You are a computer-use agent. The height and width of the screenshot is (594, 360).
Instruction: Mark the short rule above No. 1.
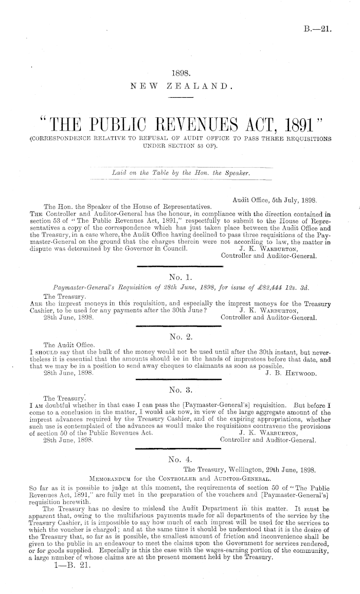pos(180,267)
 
